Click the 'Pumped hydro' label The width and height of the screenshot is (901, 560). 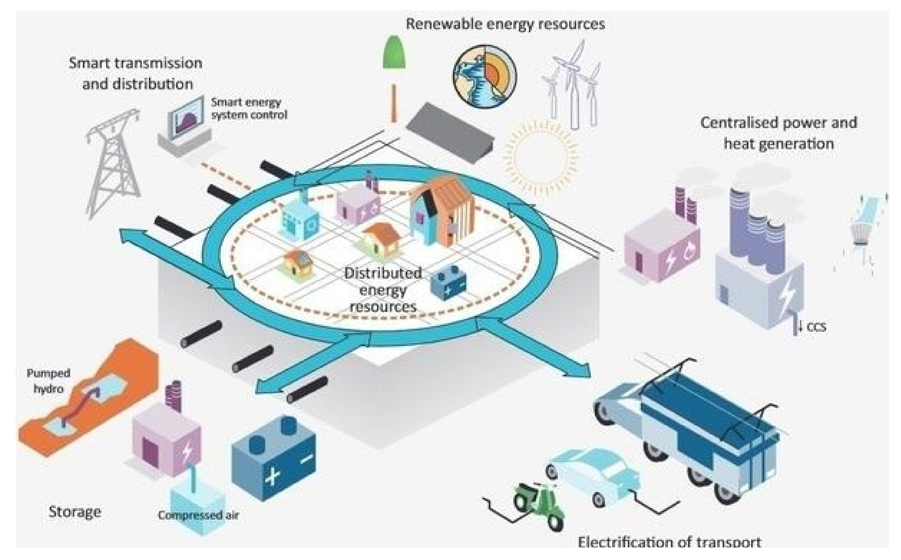click(48, 381)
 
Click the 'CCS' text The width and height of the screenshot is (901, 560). click(816, 328)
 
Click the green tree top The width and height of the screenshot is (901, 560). click(394, 53)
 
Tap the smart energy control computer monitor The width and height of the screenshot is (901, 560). click(187, 117)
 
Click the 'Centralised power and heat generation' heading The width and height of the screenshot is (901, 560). click(778, 132)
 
